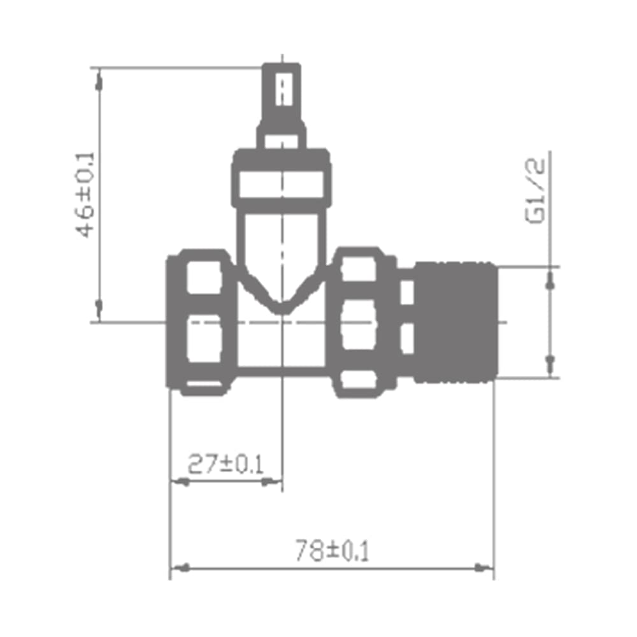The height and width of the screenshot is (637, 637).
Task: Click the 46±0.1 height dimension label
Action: point(85,194)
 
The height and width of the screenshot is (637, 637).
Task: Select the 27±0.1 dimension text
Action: point(225,464)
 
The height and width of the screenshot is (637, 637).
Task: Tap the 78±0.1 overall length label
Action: point(333,550)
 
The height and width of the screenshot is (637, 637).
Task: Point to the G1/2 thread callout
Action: point(535,190)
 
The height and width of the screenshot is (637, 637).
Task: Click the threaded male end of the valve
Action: point(456,322)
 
